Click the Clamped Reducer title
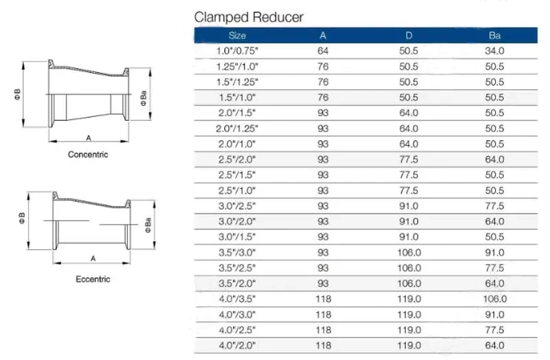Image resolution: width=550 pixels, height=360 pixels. click(249, 17)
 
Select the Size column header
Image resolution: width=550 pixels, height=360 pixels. click(237, 36)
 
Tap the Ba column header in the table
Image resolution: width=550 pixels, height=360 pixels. click(494, 36)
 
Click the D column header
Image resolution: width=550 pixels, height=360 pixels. click(409, 36)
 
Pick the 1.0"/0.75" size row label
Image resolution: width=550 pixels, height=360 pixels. click(237, 51)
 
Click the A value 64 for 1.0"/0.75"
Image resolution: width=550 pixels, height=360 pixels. click(323, 51)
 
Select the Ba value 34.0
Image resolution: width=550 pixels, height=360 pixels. click(494, 51)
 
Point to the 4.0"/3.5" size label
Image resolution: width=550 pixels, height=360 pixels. click(237, 299)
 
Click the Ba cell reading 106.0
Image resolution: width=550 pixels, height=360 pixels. click(494, 299)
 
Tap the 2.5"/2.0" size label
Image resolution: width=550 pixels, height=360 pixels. click(237, 159)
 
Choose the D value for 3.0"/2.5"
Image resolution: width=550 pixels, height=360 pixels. click(409, 206)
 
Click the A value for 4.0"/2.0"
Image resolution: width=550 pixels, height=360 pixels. click(323, 346)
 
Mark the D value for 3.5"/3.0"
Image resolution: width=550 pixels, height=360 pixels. click(409, 252)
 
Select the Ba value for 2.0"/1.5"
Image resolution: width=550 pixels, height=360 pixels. click(494, 113)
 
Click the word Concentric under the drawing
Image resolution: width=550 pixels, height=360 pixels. click(88, 155)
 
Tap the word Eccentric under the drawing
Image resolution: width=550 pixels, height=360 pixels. click(93, 280)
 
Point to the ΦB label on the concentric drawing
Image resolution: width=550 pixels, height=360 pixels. click(17, 95)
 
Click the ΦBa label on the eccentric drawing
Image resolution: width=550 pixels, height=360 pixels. click(148, 225)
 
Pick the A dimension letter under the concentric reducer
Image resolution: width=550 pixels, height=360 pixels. click(89, 138)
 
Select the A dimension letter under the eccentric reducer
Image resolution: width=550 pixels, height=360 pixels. click(93, 259)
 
